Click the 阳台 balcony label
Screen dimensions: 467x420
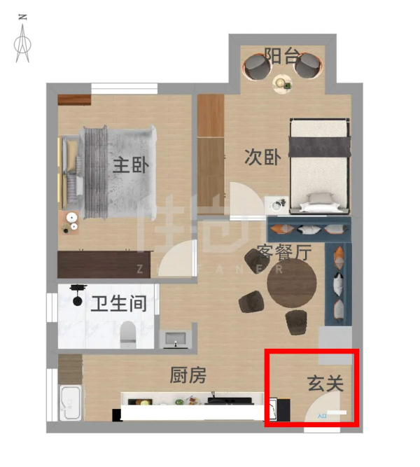click(x=281, y=56)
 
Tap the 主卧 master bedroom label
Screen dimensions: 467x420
click(x=132, y=166)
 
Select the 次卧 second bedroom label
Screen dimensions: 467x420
click(x=262, y=157)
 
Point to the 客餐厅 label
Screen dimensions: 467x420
click(x=283, y=252)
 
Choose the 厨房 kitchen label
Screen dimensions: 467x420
click(x=188, y=376)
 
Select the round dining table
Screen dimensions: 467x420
click(x=291, y=286)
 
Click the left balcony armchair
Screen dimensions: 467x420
click(x=256, y=68)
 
